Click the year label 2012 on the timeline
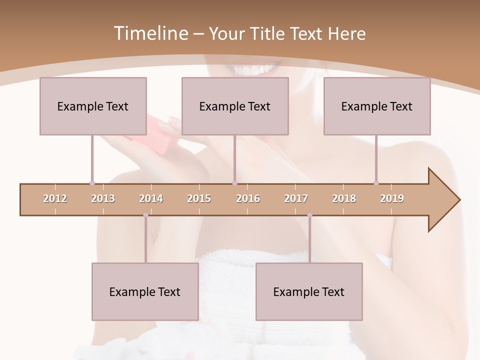pyautogui.click(x=55, y=198)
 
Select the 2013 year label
pyautogui.click(x=103, y=198)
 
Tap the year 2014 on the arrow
pyautogui.click(x=151, y=198)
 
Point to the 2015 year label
pyautogui.click(x=199, y=198)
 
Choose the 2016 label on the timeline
pyautogui.click(x=248, y=198)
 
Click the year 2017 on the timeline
pyautogui.click(x=296, y=198)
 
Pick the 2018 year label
pyautogui.click(x=344, y=198)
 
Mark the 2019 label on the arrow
pyautogui.click(x=392, y=198)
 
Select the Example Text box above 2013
pyautogui.click(x=93, y=106)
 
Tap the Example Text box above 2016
pyautogui.click(x=235, y=106)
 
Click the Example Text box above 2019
pyautogui.click(x=377, y=106)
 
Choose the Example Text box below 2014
pyautogui.click(x=145, y=291)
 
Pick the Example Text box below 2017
pyautogui.click(x=309, y=291)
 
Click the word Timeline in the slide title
pyautogui.click(x=150, y=33)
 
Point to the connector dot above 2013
pyautogui.click(x=92, y=183)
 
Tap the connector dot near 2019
pyautogui.click(x=376, y=183)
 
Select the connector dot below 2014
pyautogui.click(x=145, y=215)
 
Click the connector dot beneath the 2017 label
pyautogui.click(x=309, y=215)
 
